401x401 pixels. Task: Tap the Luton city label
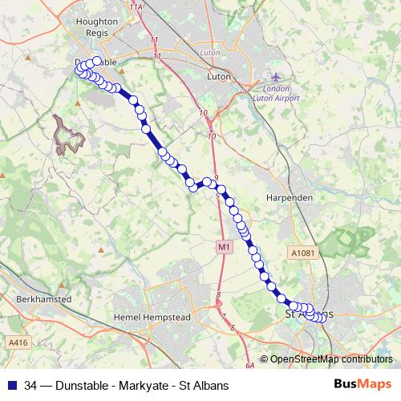pyautogui.click(x=219, y=78)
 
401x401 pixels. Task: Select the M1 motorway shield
pyautogui.click(x=223, y=248)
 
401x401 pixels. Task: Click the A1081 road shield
pyautogui.click(x=302, y=253)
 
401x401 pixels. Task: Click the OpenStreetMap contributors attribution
pyautogui.click(x=330, y=359)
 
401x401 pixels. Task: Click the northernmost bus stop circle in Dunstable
pyautogui.click(x=98, y=61)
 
